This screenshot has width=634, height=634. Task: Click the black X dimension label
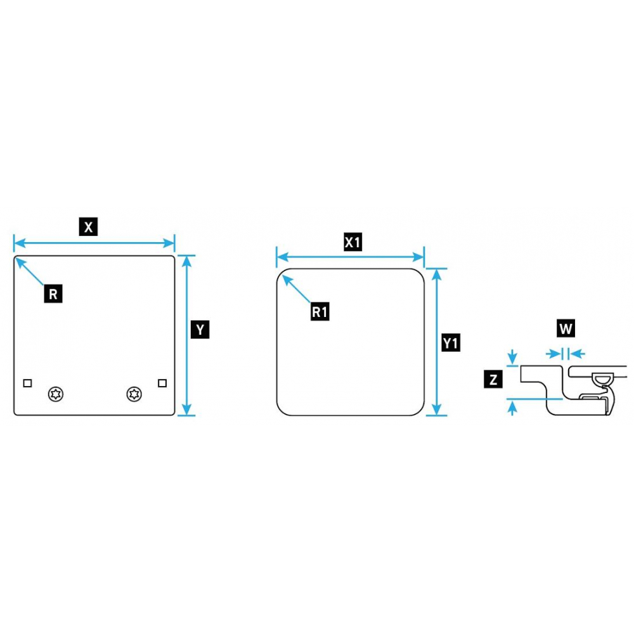pyautogui.click(x=88, y=226)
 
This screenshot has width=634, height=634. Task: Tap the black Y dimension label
pyautogui.click(x=200, y=330)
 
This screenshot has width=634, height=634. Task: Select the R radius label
pyautogui.click(x=53, y=294)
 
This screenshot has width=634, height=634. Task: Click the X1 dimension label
pyautogui.click(x=353, y=242)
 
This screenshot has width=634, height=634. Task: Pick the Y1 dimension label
pyautogui.click(x=450, y=343)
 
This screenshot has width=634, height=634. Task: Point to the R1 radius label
pyautogui.click(x=320, y=311)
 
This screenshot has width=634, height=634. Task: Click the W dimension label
pyautogui.click(x=566, y=328)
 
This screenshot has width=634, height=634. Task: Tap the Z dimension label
pyautogui.click(x=493, y=379)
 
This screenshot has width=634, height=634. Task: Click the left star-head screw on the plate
pyautogui.click(x=56, y=394)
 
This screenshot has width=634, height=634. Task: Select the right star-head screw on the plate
pyautogui.click(x=134, y=394)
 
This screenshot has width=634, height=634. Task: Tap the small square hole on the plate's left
pyautogui.click(x=27, y=383)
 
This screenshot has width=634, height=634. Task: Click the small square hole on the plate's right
pyautogui.click(x=162, y=383)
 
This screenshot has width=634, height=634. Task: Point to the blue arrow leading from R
pyautogui.click(x=30, y=271)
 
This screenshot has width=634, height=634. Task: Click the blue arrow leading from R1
pyautogui.click(x=296, y=288)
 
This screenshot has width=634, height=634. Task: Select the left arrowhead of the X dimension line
pyautogui.click(x=19, y=243)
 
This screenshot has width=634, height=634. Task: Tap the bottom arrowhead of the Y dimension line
pyautogui.click(x=186, y=410)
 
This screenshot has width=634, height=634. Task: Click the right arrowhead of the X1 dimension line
pyautogui.click(x=418, y=257)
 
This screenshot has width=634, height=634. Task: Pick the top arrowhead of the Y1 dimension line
pyautogui.click(x=436, y=275)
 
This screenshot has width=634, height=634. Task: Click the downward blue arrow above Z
pyautogui.click(x=512, y=356)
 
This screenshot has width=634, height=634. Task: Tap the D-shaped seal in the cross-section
pyautogui.click(x=602, y=379)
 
